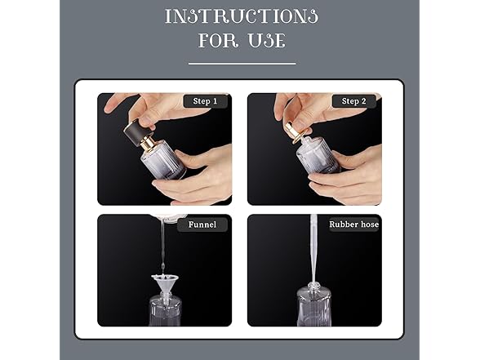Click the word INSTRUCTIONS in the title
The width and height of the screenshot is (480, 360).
coord(241,16)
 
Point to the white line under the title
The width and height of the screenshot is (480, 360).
coord(241,63)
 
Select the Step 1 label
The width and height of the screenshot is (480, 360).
coord(205,101)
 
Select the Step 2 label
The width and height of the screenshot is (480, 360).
coord(354,101)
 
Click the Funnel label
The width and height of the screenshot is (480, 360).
coord(202,224)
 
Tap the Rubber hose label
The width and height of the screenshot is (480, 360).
coord(353,224)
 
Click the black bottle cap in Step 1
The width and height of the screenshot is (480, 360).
coord(136,132)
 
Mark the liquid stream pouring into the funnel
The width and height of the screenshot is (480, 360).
coord(162,245)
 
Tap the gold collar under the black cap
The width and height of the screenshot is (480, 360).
coord(149,144)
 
